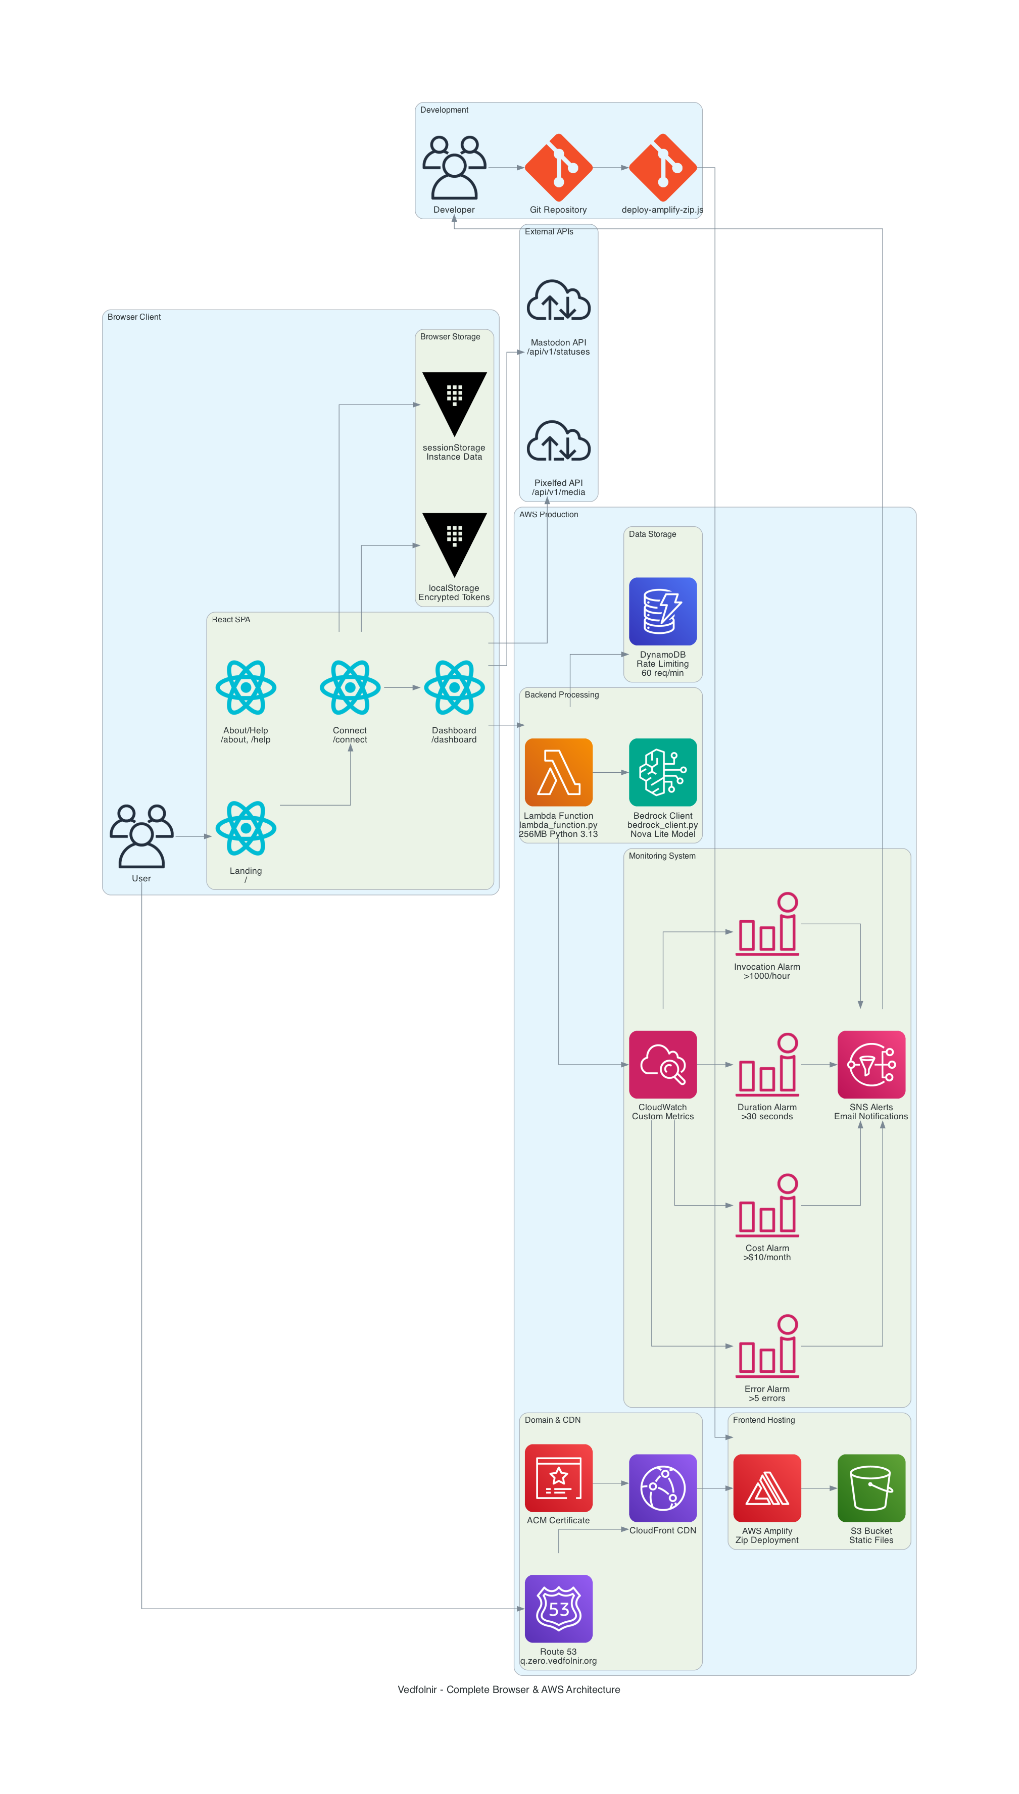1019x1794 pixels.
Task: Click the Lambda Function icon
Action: (558, 772)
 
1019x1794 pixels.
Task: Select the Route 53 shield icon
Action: (558, 1608)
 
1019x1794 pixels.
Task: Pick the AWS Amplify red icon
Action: (766, 1487)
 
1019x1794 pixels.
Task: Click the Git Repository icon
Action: (558, 168)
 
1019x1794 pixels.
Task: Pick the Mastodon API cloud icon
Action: (558, 302)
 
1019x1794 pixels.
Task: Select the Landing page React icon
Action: (246, 828)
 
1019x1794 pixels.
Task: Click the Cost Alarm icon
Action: (766, 1205)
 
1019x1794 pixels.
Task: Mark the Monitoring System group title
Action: (661, 855)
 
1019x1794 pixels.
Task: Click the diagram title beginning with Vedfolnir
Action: (509, 1689)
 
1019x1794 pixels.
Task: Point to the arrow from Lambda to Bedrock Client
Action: (610, 772)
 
